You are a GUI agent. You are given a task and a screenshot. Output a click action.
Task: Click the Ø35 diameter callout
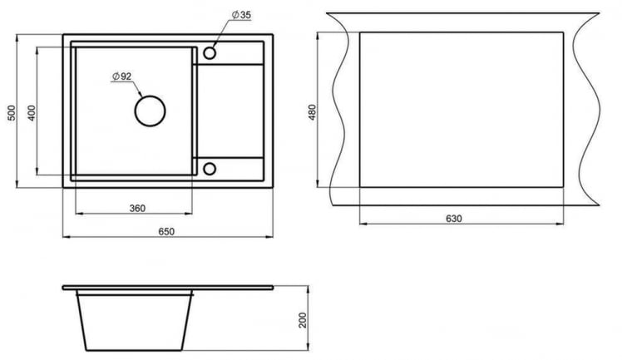pyautogui.click(x=241, y=15)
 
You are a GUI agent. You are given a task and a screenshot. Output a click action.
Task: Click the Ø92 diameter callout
pyautogui.click(x=121, y=76)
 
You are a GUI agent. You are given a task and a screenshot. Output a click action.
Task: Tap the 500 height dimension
pyautogui.click(x=12, y=113)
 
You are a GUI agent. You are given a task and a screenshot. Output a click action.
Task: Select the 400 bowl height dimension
pyautogui.click(x=32, y=113)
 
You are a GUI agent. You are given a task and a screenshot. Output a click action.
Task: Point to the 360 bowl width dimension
pyautogui.click(x=137, y=208)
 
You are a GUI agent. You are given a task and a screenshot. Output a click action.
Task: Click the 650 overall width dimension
pyautogui.click(x=166, y=231)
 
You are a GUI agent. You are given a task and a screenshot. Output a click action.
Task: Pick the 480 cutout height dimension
pyautogui.click(x=312, y=112)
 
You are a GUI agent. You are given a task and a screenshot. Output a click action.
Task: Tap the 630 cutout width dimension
pyautogui.click(x=454, y=219)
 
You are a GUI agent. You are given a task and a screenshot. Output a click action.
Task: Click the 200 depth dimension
pyautogui.click(x=303, y=320)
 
